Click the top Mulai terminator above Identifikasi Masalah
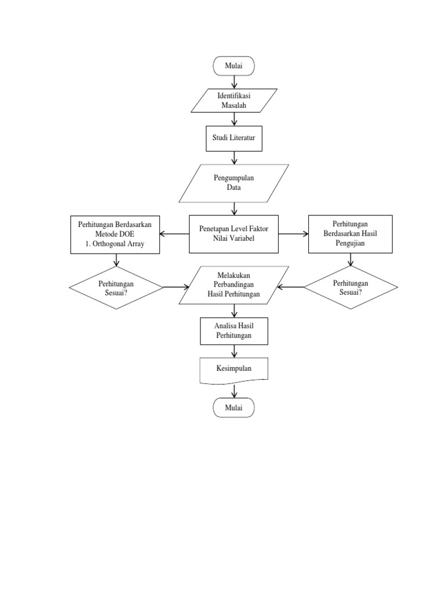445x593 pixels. tap(234, 66)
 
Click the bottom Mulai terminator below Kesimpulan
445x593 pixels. tap(234, 408)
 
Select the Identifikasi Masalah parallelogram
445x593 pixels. tap(234, 100)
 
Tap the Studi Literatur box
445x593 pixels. tap(234, 139)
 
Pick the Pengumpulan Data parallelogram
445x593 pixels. tap(234, 183)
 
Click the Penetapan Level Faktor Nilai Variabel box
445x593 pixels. tap(234, 234)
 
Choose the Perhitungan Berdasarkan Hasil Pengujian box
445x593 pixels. tap(350, 234)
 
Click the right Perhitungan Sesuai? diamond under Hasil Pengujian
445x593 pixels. tap(351, 287)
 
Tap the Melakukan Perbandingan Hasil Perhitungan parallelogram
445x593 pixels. tap(234, 285)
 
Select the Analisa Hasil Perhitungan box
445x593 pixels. tap(234, 331)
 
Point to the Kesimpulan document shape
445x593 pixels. tap(234, 369)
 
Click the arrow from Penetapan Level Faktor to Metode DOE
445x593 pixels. tap(174, 235)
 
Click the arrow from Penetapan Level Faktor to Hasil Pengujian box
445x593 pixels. tap(293, 234)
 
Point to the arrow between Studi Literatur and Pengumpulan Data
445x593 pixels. tap(234, 158)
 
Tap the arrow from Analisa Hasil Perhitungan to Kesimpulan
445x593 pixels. tap(234, 351)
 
